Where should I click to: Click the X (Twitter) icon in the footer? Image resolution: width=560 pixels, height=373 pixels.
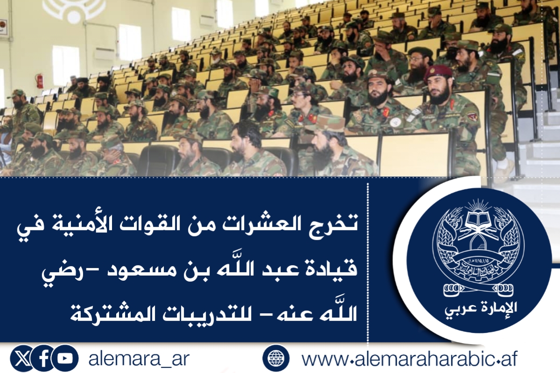pyautogui.click(x=21, y=359)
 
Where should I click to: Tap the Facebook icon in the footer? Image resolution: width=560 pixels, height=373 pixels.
pyautogui.click(x=44, y=359)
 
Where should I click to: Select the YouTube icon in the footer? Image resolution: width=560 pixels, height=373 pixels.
pyautogui.click(x=65, y=359)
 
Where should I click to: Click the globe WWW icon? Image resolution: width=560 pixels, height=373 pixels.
pyautogui.click(x=276, y=358)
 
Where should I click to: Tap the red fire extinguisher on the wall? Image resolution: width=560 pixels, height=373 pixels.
pyautogui.click(x=39, y=81)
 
